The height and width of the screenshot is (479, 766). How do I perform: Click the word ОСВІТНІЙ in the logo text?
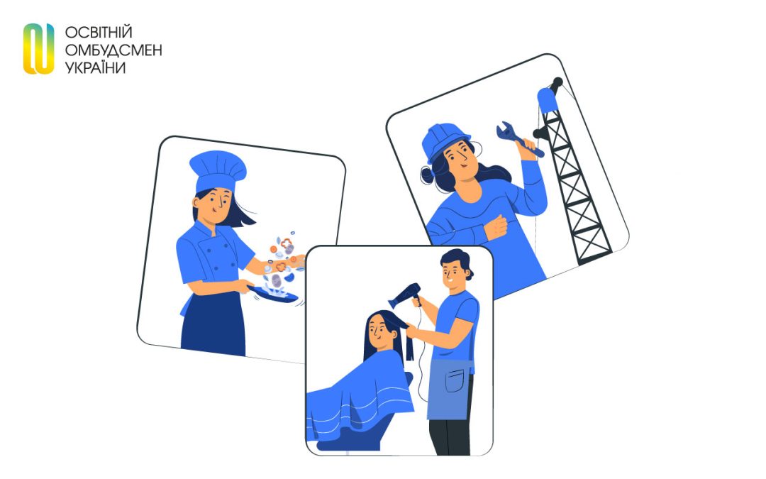(x=99, y=33)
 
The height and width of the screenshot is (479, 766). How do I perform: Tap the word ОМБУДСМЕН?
(x=113, y=50)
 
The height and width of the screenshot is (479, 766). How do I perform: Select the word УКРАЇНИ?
(x=95, y=68)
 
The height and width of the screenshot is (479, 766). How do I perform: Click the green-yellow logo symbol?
(x=38, y=49)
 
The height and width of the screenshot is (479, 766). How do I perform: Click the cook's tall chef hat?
(x=217, y=170)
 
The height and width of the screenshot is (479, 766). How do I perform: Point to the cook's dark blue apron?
(x=213, y=323)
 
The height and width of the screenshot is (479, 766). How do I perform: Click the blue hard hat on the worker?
(x=445, y=141)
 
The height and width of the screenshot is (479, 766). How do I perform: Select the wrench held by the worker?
(x=518, y=140)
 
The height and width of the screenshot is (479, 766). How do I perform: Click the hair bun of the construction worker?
(x=427, y=175)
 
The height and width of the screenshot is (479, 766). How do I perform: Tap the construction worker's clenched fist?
(x=496, y=227)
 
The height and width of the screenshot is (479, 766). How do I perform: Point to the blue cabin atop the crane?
(x=548, y=100)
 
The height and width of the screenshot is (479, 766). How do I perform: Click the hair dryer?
(x=405, y=294)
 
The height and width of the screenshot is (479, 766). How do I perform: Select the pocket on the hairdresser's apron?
(x=455, y=381)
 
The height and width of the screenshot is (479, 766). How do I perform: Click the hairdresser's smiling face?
(x=453, y=275)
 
